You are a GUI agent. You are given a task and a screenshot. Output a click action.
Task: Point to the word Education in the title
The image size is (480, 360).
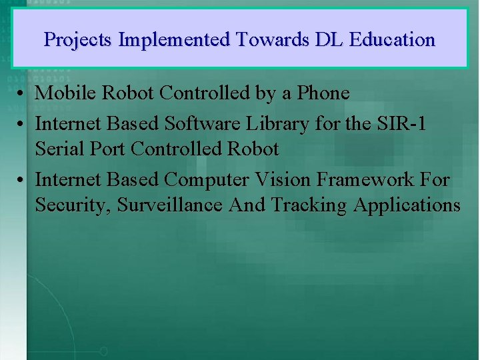tap(392, 40)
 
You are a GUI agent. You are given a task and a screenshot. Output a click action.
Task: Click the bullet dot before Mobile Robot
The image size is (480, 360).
tap(22, 94)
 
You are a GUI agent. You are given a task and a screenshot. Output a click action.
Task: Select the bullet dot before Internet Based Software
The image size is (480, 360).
tap(22, 124)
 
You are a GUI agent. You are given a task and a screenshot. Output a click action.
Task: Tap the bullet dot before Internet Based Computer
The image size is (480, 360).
tap(22, 180)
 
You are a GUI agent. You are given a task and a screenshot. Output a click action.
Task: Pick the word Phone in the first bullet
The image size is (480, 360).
tap(323, 93)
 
